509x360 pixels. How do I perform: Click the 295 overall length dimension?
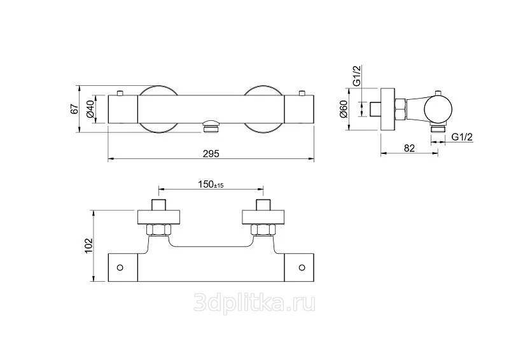coord(211,153)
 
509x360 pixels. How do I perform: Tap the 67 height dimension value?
coord(74,108)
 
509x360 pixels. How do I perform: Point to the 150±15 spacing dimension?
coord(210,184)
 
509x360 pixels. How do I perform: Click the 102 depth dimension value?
coord(89,245)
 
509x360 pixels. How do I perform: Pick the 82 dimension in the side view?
coord(409,148)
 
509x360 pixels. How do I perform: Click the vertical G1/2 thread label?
coord(358,75)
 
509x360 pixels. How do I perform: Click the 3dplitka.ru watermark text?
coord(254,302)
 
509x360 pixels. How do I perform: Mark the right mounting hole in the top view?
coord(302,267)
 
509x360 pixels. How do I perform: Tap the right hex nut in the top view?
coord(263,231)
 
